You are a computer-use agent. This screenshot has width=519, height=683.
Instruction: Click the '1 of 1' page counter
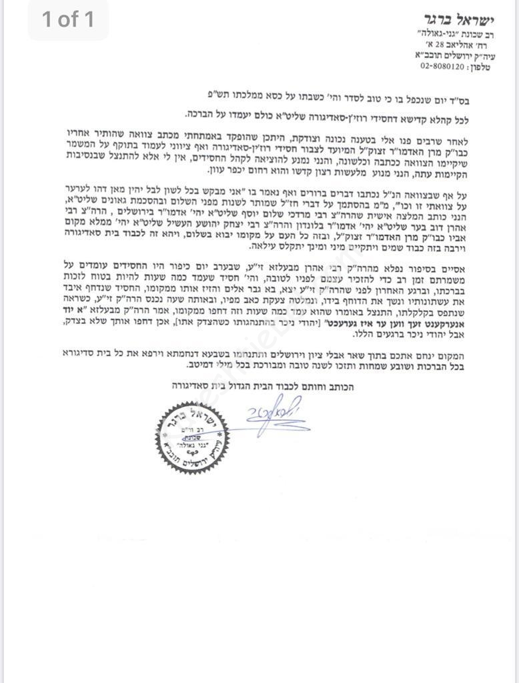click(68, 19)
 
